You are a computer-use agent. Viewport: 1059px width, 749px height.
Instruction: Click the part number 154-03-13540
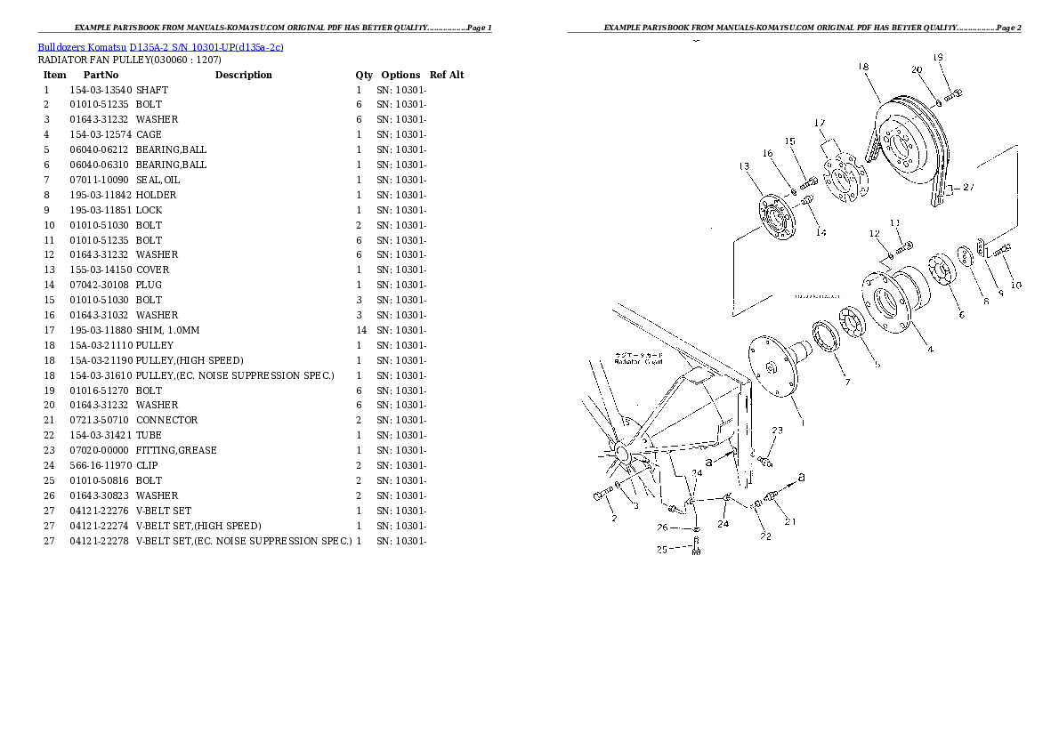[x=101, y=90]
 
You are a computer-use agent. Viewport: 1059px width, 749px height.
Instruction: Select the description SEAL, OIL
[x=158, y=180]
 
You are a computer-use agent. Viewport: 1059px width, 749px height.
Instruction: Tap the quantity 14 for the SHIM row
[x=360, y=330]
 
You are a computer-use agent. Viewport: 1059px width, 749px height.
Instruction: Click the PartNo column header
[x=101, y=75]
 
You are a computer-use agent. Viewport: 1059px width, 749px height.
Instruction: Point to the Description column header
[x=243, y=75]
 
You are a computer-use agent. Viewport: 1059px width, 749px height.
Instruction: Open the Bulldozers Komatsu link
[x=82, y=46]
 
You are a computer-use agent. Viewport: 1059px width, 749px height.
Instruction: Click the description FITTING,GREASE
[x=176, y=450]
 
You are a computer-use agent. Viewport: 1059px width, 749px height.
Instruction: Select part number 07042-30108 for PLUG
[x=101, y=285]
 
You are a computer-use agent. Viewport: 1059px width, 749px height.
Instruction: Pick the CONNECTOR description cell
[x=167, y=420]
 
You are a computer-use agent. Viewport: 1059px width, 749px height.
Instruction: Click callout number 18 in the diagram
[x=863, y=66]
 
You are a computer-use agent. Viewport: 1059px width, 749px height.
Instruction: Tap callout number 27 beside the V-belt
[x=968, y=188]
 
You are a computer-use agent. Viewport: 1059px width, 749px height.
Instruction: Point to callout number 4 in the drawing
[x=930, y=350]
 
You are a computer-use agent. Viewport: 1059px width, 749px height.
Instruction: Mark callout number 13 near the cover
[x=744, y=165]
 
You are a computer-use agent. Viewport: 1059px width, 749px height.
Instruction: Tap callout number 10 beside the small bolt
[x=1015, y=285]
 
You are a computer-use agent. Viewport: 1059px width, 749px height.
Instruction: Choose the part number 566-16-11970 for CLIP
[x=101, y=465]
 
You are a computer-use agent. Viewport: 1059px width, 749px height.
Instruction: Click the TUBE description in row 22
[x=148, y=435]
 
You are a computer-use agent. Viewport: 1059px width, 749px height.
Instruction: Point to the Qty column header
[x=364, y=75]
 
